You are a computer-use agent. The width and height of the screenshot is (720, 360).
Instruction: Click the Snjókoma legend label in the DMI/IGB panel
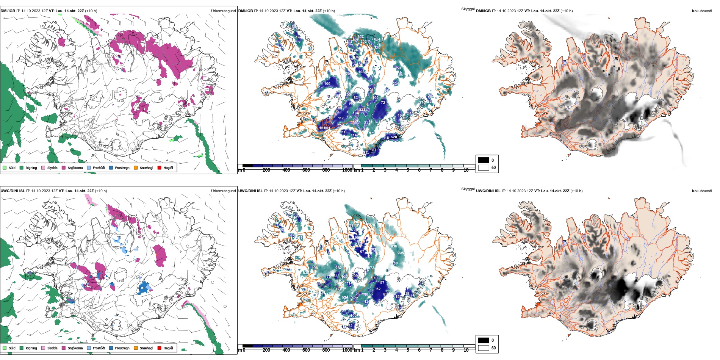pos(75,168)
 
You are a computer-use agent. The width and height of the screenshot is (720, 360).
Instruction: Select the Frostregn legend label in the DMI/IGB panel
pos(122,168)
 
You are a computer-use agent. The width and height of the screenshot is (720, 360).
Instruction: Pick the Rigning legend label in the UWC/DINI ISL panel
pos(31,348)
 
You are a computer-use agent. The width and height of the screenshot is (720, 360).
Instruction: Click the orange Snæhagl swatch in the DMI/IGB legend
pos(135,167)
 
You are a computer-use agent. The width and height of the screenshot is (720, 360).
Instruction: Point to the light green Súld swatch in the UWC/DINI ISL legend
pos(5,348)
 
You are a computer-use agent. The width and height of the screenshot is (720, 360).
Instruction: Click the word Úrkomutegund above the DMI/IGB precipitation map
pos(223,11)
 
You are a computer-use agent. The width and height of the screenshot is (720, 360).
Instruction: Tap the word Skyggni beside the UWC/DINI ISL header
pos(468,189)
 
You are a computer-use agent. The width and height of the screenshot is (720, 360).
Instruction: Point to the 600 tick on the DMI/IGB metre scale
pos(306,170)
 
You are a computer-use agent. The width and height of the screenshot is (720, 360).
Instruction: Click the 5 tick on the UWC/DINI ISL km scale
pos(408,350)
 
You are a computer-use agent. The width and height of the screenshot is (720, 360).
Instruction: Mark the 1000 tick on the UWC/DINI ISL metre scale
pos(347,350)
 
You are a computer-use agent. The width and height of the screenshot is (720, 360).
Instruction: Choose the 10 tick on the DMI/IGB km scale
pos(466,170)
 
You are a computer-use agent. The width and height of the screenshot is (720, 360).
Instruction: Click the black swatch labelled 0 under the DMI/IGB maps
pos(484,160)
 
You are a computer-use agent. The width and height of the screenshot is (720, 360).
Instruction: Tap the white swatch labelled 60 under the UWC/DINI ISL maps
pos(484,347)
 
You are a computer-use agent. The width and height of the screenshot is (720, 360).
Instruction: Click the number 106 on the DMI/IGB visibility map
pos(327,84)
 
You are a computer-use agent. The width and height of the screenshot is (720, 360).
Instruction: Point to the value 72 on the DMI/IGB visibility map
pos(383,103)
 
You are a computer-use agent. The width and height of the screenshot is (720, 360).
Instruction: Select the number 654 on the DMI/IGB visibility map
pos(377,39)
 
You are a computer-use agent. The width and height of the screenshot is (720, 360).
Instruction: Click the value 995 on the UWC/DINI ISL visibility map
pos(401,253)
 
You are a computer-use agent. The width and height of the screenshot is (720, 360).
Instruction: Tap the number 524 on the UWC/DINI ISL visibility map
pos(345,297)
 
